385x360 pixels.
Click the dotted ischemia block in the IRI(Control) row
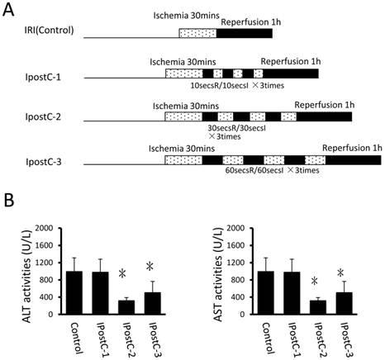coord(197,32)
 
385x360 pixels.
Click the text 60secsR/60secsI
coord(268,170)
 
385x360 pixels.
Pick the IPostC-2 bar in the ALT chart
coord(126,307)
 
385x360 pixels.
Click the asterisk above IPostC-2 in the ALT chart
coord(122,275)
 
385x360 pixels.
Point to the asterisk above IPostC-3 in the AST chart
coord(340,272)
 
